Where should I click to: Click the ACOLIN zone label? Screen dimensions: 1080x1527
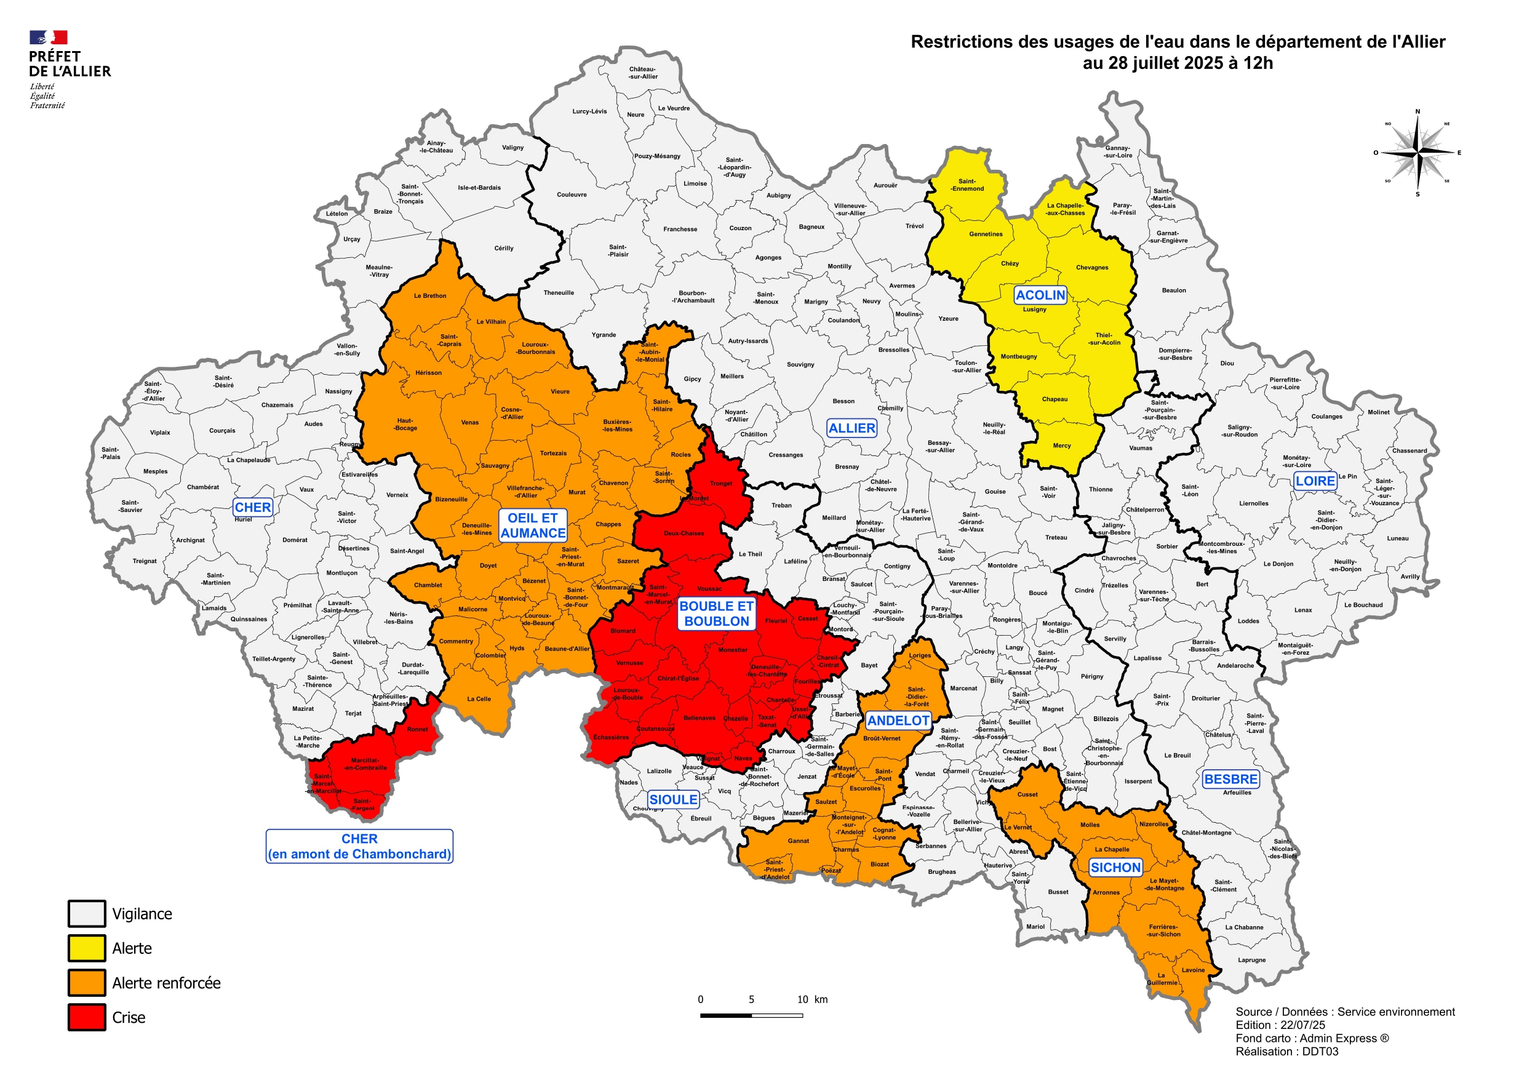click(1040, 295)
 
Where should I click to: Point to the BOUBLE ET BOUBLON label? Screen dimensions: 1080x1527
click(716, 614)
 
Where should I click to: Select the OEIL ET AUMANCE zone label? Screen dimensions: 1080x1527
click(533, 525)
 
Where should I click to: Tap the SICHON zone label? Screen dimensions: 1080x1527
click(1115, 867)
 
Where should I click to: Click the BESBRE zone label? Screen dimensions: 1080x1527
click(1230, 778)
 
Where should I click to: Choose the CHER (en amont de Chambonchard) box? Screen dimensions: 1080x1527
click(359, 846)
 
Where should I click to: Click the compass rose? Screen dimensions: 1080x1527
click(1417, 153)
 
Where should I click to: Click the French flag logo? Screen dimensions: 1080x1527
click(49, 38)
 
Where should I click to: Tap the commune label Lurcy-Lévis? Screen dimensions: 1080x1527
click(589, 111)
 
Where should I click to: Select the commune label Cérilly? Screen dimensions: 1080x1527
click(503, 248)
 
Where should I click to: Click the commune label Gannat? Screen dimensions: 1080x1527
click(798, 841)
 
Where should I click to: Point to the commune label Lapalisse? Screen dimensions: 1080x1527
click(1147, 658)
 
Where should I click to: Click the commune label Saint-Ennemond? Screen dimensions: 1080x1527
click(967, 185)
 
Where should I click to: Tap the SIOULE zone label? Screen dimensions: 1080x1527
click(673, 799)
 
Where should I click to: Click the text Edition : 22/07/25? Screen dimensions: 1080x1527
click(1280, 1025)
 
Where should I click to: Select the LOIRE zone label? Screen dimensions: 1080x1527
click(1315, 481)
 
